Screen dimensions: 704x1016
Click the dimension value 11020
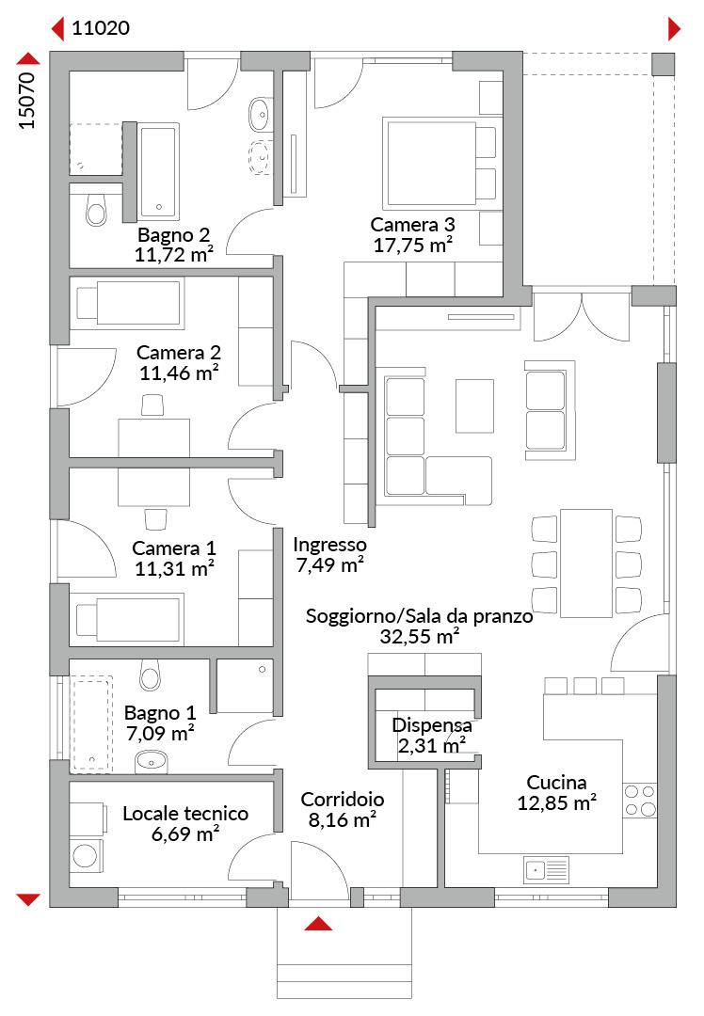pos(101,28)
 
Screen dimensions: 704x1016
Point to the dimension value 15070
pos(26,101)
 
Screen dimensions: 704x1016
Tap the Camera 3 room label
pos(412,225)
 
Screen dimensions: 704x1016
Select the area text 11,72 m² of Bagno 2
pos(174,255)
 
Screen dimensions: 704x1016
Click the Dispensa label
pos(432,725)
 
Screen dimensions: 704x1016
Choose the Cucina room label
pos(556,782)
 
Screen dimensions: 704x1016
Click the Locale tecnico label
pos(185,813)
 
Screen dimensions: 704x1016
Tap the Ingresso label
pos(329,545)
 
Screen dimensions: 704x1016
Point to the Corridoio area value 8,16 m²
pos(343,820)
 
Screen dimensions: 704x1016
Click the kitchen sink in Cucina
pos(546,870)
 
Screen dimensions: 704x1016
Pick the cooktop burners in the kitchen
pos(639,801)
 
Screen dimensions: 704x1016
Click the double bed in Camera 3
pos(440,162)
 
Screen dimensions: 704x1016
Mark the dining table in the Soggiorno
pos(586,564)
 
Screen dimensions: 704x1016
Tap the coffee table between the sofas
pos(474,406)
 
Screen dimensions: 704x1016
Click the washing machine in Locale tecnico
pos(86,854)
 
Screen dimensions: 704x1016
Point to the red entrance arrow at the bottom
pos(318,924)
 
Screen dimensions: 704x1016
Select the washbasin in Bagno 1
pos(152,761)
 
